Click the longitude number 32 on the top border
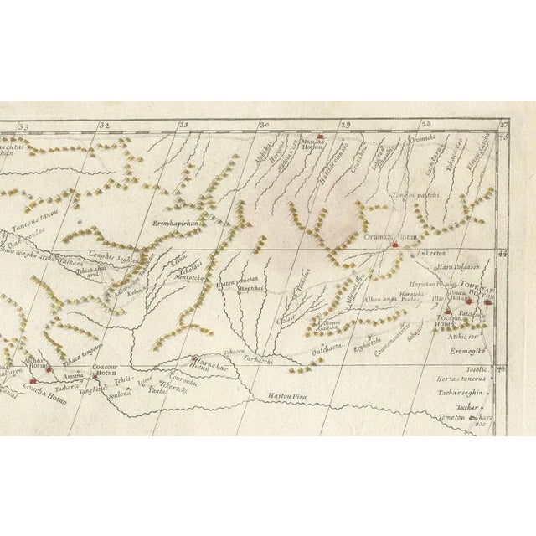tap(104, 126)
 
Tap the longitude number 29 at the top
tap(343, 125)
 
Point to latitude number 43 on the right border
tap(502, 368)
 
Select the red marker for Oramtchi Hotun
tap(394, 246)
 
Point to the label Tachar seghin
tap(460, 393)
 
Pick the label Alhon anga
tap(379, 300)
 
